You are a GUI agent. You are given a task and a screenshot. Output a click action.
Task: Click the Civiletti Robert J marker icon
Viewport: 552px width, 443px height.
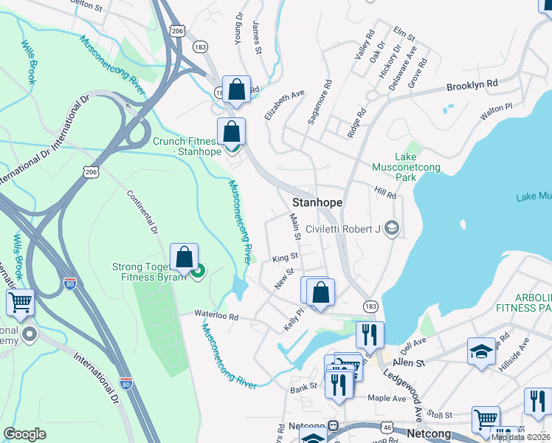point(391,228)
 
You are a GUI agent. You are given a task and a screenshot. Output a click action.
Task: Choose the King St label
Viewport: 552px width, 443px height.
point(284,258)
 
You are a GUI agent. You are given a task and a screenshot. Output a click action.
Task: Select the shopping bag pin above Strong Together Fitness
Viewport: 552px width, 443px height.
point(184,257)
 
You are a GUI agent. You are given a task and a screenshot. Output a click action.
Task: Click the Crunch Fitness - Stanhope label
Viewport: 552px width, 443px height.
point(184,146)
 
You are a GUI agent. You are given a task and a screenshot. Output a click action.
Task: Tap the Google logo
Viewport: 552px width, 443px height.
point(24,433)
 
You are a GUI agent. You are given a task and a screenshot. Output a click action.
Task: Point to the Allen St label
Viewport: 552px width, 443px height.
point(410,363)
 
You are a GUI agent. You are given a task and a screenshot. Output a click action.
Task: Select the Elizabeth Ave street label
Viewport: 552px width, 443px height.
point(284,106)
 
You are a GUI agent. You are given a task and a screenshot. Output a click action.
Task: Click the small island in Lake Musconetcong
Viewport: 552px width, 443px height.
point(463,224)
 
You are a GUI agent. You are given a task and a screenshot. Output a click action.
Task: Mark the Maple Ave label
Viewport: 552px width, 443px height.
point(387,399)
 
